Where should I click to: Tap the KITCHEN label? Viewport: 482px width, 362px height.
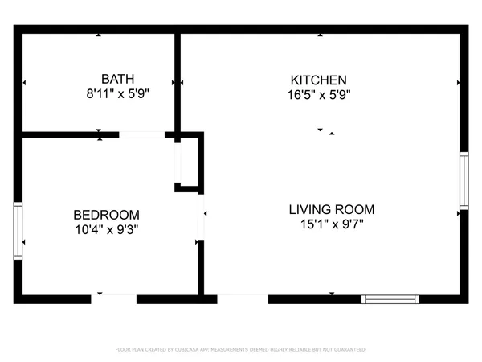(x=318, y=80)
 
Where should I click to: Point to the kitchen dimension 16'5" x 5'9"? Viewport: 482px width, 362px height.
(x=318, y=94)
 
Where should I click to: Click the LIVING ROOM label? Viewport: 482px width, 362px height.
(x=331, y=209)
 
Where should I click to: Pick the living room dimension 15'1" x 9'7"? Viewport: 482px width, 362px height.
(x=331, y=224)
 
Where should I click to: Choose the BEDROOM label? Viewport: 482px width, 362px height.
(x=106, y=215)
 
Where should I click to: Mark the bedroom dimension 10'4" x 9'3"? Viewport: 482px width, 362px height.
(x=106, y=229)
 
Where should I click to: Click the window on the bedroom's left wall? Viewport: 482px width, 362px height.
(x=18, y=231)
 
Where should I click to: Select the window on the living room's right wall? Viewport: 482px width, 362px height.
(x=464, y=181)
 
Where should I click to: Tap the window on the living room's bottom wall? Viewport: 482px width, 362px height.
(x=390, y=299)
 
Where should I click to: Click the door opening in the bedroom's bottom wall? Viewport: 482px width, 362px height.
(x=113, y=299)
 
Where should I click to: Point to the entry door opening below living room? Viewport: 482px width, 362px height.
(x=243, y=299)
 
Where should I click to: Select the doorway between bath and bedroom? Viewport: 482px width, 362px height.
(x=142, y=134)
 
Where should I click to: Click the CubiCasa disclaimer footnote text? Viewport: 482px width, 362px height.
(x=241, y=350)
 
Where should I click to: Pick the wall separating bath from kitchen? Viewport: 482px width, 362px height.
(x=178, y=80)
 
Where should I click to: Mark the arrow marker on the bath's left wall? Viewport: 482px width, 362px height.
(x=25, y=82)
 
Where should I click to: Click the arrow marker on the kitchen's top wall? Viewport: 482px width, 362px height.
(x=320, y=35)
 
